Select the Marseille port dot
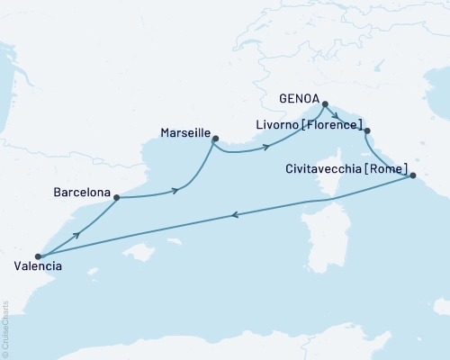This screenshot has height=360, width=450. (214, 138)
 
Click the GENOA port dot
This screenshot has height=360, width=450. (325, 103)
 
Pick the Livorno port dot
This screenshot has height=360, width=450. (365, 132)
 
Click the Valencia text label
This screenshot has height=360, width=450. (39, 266)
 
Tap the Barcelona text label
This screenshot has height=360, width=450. (82, 193)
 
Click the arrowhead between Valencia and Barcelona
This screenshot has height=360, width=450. (77, 233)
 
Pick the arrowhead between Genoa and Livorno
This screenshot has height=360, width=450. (335, 114)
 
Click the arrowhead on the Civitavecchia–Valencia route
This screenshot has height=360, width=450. (235, 215)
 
